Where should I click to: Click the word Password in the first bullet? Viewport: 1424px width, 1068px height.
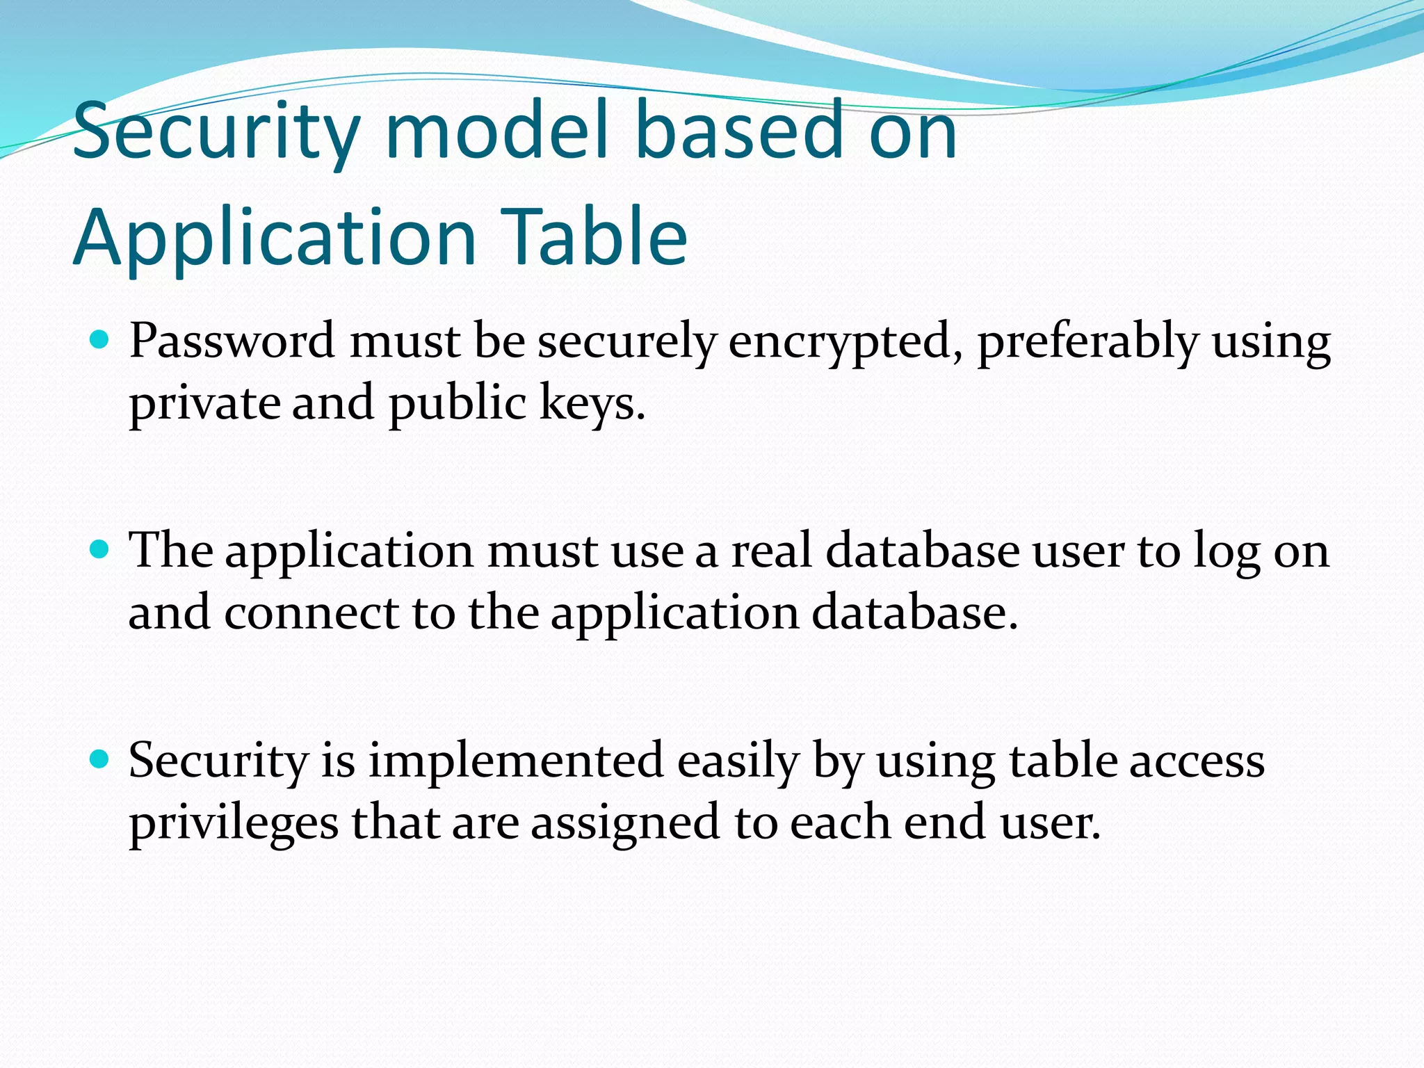coord(232,342)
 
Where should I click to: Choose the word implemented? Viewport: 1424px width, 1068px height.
coord(515,761)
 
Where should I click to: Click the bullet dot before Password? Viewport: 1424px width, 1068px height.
coord(101,341)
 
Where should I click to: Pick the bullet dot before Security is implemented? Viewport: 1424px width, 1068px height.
coord(101,759)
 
